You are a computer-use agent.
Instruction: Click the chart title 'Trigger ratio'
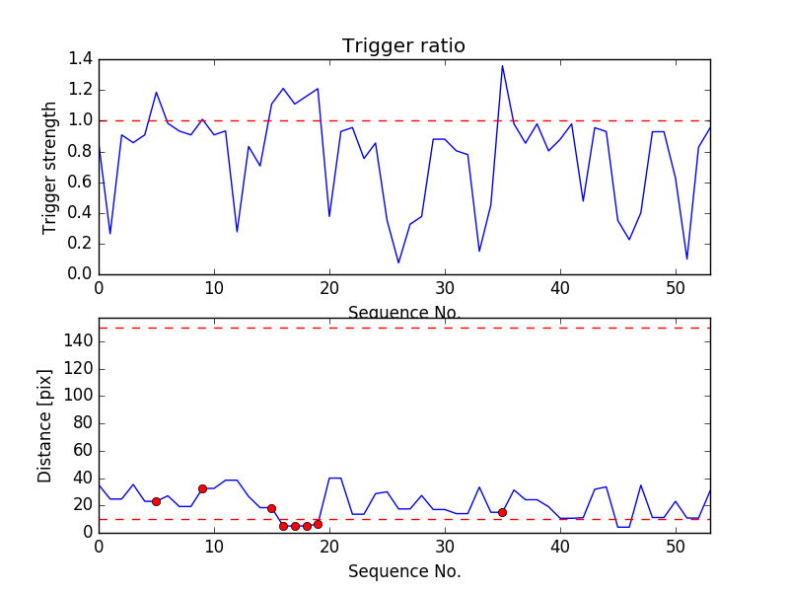[403, 46]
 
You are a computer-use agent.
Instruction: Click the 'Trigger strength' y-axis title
[50, 167]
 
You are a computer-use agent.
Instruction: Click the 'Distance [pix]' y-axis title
[45, 425]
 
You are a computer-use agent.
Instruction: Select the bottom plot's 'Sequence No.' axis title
[403, 571]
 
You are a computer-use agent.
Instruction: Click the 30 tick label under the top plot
[445, 289]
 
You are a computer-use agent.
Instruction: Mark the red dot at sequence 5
[156, 501]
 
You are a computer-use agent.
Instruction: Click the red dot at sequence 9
[202, 488]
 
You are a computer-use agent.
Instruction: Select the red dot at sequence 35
[502, 512]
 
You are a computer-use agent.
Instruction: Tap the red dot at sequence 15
[271, 508]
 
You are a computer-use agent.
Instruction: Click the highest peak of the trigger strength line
[502, 66]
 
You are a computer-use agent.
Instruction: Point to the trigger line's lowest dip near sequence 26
[398, 262]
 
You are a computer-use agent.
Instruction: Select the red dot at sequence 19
[318, 524]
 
